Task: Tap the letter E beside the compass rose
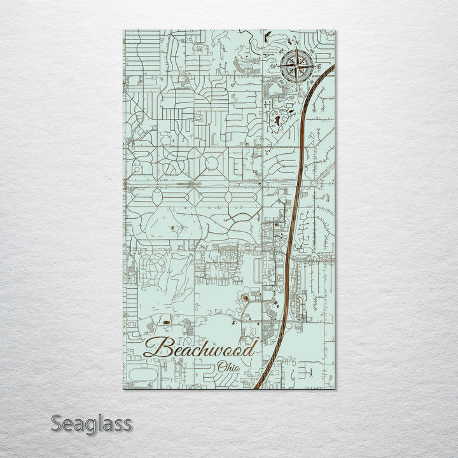(x=321, y=66)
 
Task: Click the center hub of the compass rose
(x=296, y=66)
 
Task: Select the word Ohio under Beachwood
(x=228, y=367)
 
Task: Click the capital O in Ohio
(x=221, y=367)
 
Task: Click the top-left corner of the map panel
(x=123, y=30)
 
